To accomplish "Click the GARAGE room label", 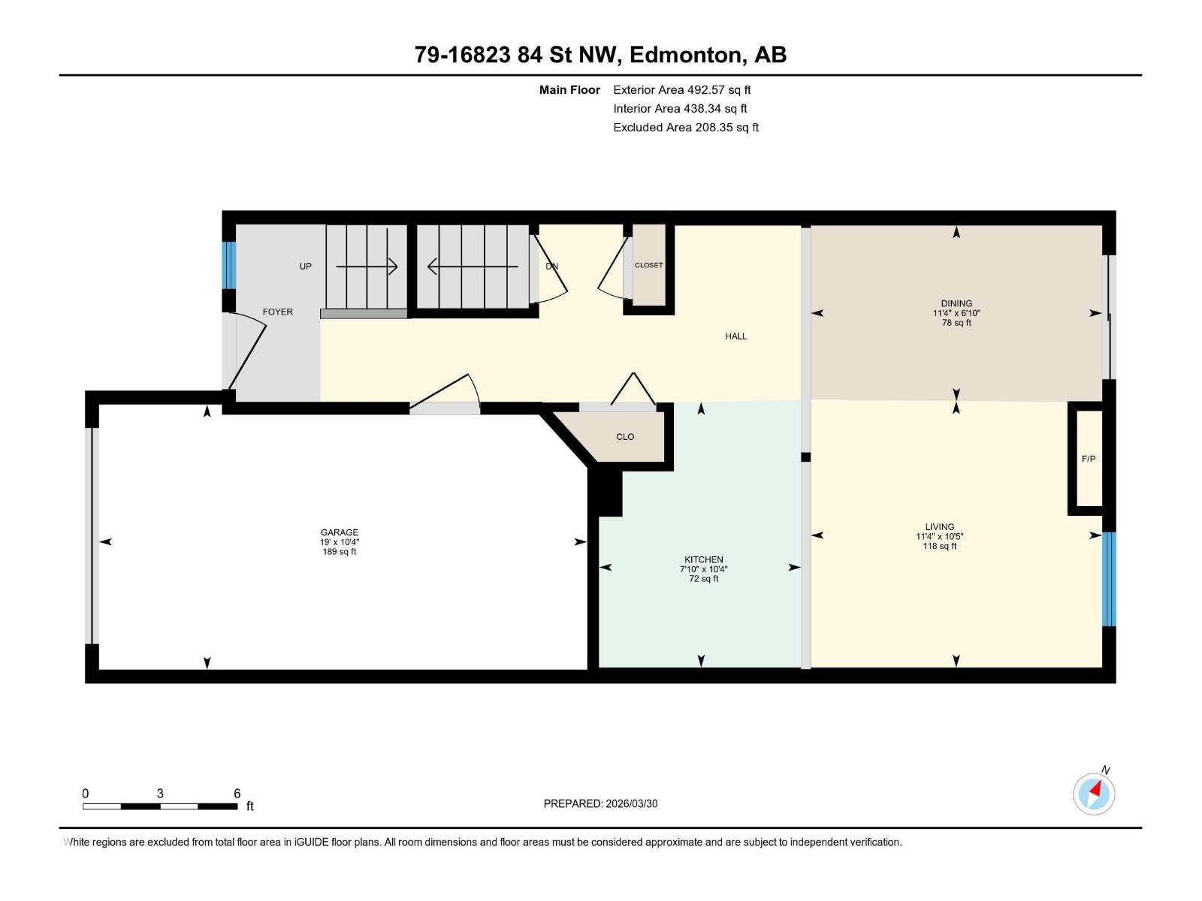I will [339, 532].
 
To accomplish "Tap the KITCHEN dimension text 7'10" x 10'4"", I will [703, 569].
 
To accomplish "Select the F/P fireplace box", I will [1088, 459].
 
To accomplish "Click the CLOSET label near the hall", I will [648, 265].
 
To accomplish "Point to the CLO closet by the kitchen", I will [625, 437].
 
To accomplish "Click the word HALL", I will [735, 336].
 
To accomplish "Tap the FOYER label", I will [277, 312].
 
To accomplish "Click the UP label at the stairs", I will [305, 267].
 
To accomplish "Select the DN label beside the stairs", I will [551, 267].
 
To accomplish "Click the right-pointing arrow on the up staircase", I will [367, 267].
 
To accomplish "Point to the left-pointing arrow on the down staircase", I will [473, 267].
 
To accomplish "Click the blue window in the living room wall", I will [1109, 579].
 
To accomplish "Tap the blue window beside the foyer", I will [229, 265].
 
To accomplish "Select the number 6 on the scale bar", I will [237, 794].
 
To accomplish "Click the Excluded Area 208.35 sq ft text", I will [685, 128].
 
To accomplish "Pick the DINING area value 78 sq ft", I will [956, 323].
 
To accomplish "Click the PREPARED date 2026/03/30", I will [631, 803].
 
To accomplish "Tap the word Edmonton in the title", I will [684, 55].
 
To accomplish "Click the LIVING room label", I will [939, 527].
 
